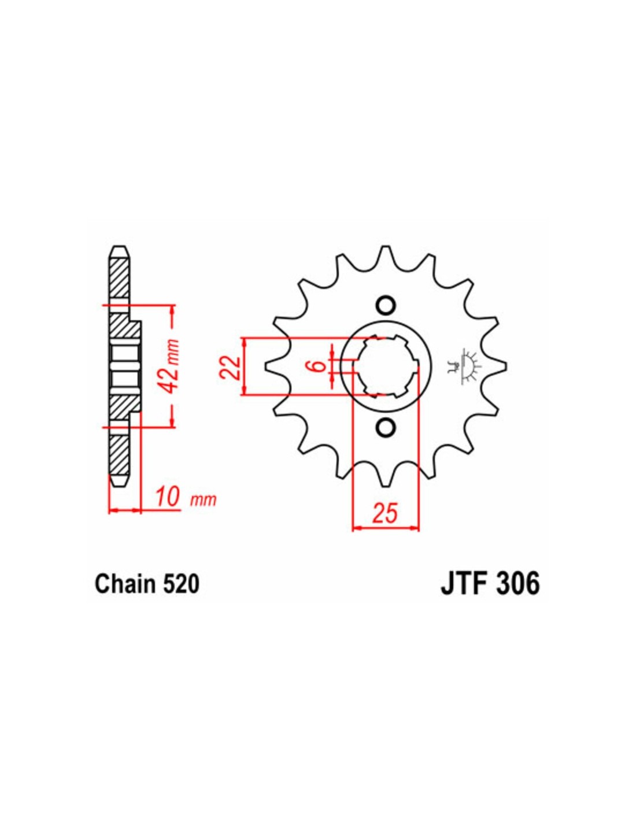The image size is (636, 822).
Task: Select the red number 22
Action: tap(230, 367)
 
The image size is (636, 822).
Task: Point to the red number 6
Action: tap(320, 366)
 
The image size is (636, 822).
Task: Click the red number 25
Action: tap(386, 513)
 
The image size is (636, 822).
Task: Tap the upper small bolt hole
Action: tap(386, 304)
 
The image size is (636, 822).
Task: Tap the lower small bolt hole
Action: tap(386, 427)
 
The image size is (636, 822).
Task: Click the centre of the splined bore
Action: tap(386, 366)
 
